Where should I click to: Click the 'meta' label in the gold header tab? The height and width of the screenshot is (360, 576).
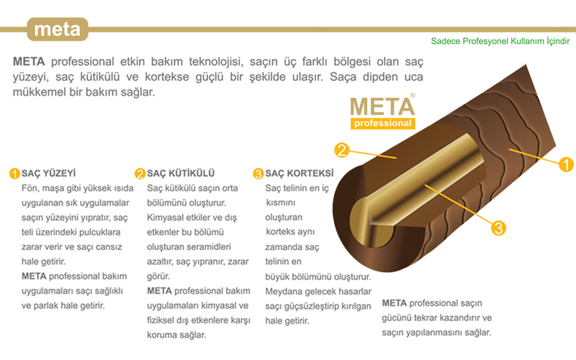click(x=57, y=30)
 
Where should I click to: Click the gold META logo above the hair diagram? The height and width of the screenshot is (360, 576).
click(x=382, y=105)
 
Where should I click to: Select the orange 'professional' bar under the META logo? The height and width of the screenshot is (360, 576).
click(x=382, y=123)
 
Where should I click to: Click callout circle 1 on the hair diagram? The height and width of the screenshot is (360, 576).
click(x=566, y=165)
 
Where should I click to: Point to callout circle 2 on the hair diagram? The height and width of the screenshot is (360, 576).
click(x=342, y=150)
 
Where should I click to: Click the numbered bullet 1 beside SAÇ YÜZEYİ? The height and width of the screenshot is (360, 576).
click(x=14, y=174)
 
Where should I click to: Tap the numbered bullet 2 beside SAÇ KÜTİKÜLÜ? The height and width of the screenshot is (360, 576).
click(x=140, y=174)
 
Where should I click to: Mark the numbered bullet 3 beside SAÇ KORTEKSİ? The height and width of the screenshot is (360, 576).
click(x=258, y=174)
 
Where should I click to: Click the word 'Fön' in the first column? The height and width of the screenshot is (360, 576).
click(x=30, y=188)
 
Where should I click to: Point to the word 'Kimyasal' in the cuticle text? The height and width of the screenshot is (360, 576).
click(x=165, y=217)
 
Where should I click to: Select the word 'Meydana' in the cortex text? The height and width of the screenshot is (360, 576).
click(x=284, y=291)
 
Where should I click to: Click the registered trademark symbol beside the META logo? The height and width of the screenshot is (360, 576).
click(x=413, y=94)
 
